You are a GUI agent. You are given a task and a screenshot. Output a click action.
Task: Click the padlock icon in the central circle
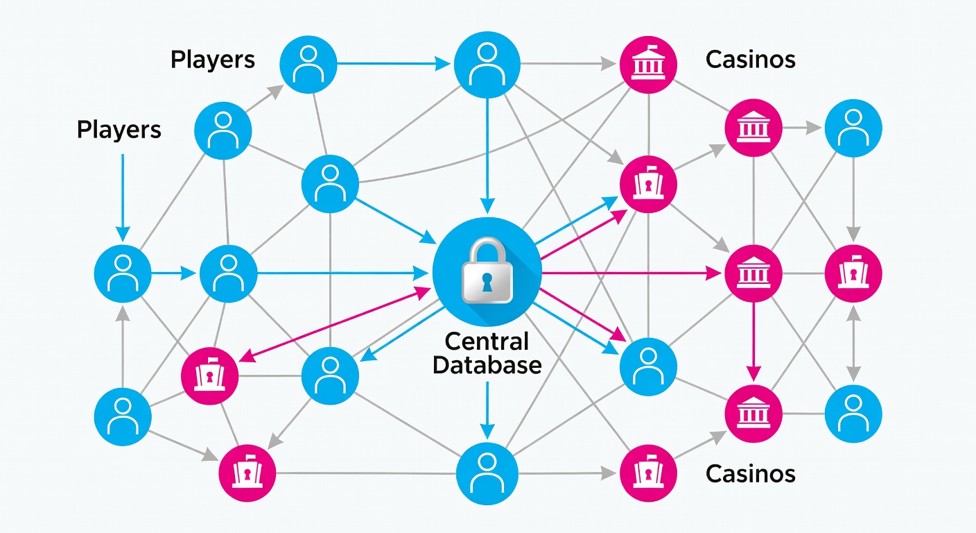487,271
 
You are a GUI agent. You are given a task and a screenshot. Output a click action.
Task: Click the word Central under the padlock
487,341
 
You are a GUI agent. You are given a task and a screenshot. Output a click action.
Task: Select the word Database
487,365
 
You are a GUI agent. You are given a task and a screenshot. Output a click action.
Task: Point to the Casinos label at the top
750,60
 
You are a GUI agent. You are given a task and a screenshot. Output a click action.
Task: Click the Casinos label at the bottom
750,474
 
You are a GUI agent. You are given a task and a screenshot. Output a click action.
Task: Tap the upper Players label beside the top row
213,60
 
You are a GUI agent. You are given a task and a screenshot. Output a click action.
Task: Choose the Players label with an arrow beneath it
119,130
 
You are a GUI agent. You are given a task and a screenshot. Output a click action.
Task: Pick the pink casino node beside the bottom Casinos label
650,473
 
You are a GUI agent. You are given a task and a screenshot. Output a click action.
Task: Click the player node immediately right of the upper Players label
308,64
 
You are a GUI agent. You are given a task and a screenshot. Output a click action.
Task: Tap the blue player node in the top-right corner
853,128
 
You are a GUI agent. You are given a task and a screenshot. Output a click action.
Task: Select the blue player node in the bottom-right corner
853,414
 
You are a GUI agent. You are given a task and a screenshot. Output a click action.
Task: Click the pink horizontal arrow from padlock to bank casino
631,273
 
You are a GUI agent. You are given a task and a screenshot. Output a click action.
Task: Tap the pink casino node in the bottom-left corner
247,475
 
